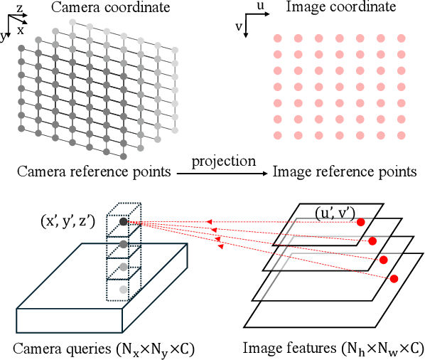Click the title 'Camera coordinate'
click(99, 9)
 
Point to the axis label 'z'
click(20, 6)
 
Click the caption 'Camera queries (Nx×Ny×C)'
click(104, 349)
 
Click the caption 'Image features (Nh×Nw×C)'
click(333, 349)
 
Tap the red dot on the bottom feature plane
click(393, 277)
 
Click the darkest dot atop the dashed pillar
click(124, 221)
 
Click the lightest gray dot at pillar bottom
click(124, 290)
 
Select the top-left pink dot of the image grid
click(279, 38)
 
